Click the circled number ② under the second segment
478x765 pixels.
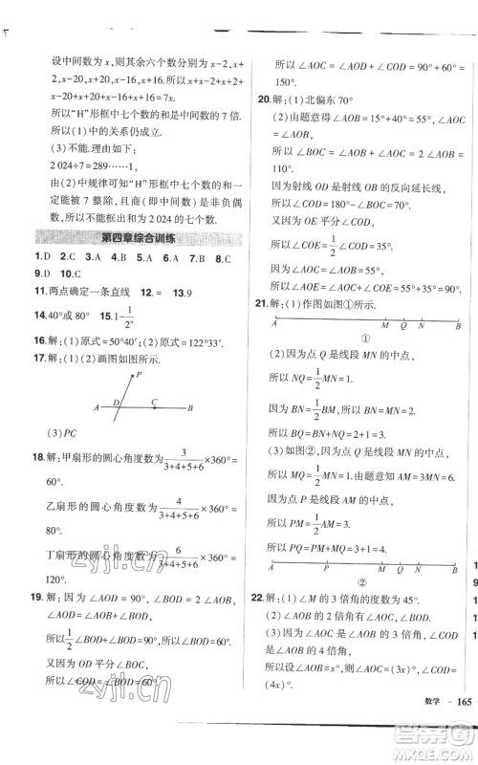click(364, 606)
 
